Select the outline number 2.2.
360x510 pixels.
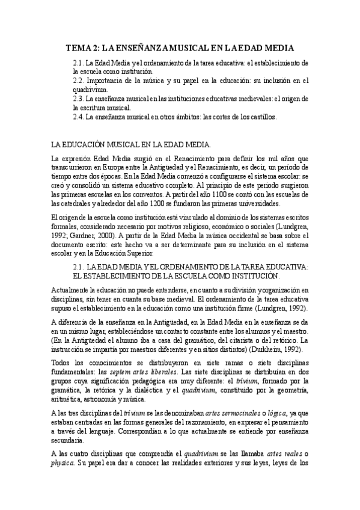78,80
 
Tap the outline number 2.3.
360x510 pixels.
78,98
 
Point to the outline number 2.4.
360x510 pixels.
78,116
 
